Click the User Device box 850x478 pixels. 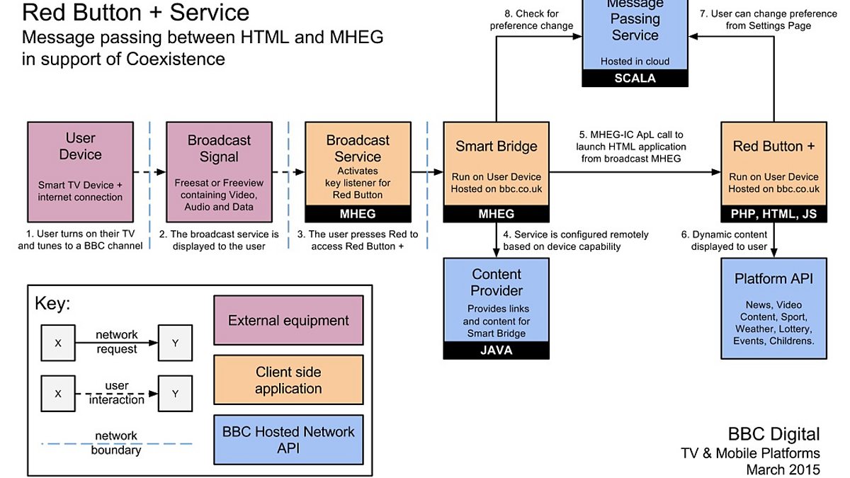click(x=79, y=171)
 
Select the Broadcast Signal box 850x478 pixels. click(x=219, y=171)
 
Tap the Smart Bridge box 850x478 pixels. click(x=497, y=164)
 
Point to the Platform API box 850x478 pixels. click(x=773, y=307)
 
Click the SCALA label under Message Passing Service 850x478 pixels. click(x=635, y=79)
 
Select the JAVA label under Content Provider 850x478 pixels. click(x=497, y=350)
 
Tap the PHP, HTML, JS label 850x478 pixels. click(x=773, y=213)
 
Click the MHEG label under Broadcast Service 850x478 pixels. click(x=358, y=213)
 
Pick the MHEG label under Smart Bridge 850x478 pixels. click(x=497, y=213)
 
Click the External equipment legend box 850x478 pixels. click(x=288, y=321)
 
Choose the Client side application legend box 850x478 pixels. click(x=288, y=380)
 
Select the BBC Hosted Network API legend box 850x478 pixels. click(x=288, y=440)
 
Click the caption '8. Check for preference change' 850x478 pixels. click(x=531, y=20)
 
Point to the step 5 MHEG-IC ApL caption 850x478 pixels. click(x=630, y=147)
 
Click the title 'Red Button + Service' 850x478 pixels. click(x=136, y=13)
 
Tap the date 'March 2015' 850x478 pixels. click(x=783, y=469)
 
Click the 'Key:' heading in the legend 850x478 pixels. click(x=52, y=304)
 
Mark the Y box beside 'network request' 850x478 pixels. click(x=175, y=343)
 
